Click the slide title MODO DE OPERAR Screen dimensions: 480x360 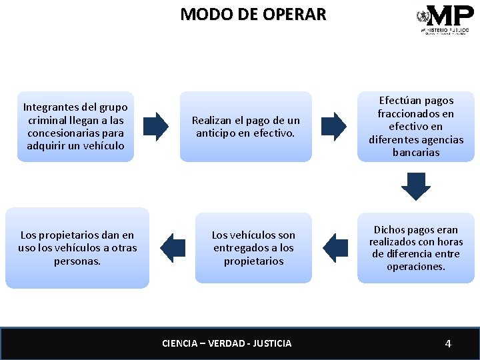[253, 14]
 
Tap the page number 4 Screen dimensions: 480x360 [448, 343]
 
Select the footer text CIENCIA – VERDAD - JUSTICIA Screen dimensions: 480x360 [227, 343]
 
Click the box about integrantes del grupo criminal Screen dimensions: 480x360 [75, 126]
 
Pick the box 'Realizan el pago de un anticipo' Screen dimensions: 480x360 [246, 126]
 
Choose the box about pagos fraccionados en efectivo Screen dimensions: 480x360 [416, 126]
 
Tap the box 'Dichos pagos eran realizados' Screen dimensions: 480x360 [416, 247]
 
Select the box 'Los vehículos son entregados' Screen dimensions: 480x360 [253, 247]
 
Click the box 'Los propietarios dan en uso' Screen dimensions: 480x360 [77, 247]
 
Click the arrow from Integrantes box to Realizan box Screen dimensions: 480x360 [157, 126]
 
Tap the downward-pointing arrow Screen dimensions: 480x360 [416, 186]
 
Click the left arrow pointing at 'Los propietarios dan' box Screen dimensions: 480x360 [173, 247]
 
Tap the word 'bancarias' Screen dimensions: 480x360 [416, 153]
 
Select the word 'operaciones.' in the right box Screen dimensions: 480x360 [416, 267]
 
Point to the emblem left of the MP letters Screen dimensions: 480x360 [422, 16]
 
